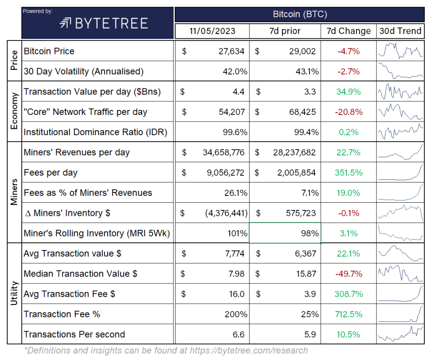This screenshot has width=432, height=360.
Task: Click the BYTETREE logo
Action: click(x=104, y=23)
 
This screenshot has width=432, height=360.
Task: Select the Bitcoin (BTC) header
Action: click(x=300, y=14)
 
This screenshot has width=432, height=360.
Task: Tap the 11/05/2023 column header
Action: click(x=212, y=31)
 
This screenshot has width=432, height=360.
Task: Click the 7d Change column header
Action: click(x=349, y=31)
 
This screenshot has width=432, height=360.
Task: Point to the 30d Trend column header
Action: click(x=400, y=31)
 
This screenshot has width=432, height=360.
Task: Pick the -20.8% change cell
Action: click(x=349, y=112)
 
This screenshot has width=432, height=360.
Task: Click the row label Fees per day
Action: click(x=50, y=173)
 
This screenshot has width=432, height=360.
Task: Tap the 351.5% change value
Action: click(x=349, y=173)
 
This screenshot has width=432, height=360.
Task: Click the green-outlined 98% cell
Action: click(x=285, y=233)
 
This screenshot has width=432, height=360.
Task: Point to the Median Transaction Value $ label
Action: click(x=80, y=273)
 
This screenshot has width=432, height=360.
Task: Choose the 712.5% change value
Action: click(x=349, y=314)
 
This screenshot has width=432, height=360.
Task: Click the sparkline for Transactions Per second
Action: click(x=400, y=334)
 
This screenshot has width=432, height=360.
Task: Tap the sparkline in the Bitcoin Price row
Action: click(x=400, y=50)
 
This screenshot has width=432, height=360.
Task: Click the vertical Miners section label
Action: click(x=14, y=192)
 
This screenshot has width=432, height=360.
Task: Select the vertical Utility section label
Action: click(x=14, y=294)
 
